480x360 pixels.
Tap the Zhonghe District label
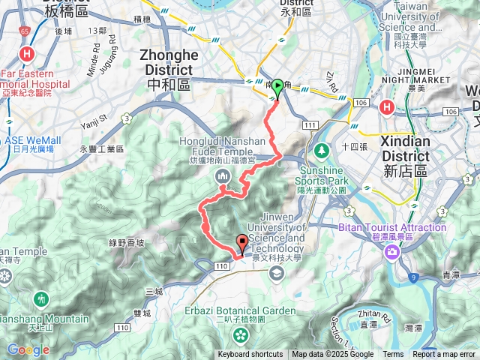(169, 62)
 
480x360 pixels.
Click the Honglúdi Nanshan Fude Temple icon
(223, 176)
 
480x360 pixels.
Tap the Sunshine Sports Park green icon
(322, 151)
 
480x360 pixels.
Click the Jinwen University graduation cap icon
(277, 274)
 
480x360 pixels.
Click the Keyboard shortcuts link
(250, 355)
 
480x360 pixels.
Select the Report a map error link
(443, 355)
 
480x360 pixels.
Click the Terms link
(393, 355)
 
